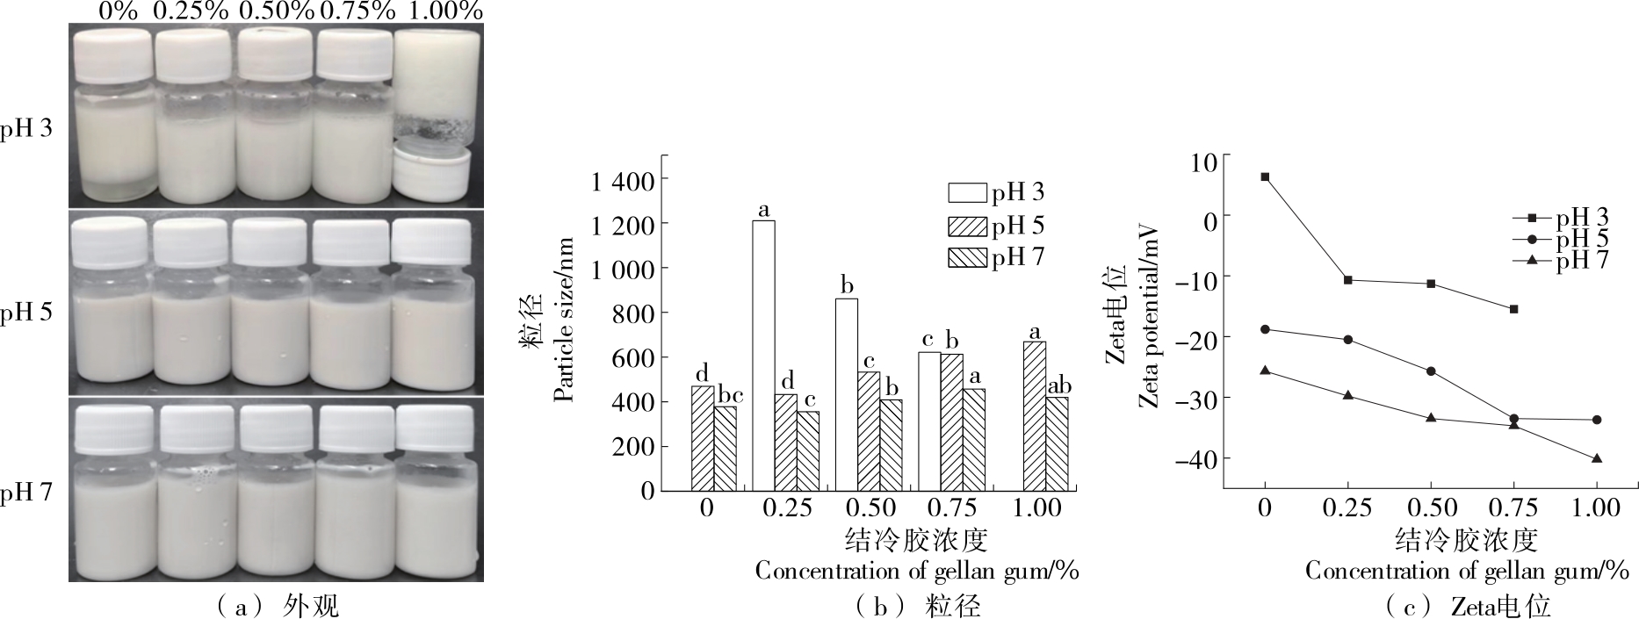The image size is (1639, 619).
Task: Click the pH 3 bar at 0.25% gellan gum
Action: coord(763,355)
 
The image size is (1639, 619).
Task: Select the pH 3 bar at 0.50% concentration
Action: coord(846,394)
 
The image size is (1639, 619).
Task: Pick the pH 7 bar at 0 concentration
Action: coord(726,448)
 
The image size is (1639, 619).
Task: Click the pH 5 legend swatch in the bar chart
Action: coord(967,227)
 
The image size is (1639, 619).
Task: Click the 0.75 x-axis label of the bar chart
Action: coord(953,508)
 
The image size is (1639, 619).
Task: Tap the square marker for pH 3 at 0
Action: coord(1265,176)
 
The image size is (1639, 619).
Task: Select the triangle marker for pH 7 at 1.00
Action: coord(1596,458)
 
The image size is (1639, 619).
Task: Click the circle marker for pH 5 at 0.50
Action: coord(1431,371)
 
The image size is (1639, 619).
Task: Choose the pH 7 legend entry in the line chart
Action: coord(1581,260)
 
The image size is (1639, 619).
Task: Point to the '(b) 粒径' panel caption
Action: coord(917,606)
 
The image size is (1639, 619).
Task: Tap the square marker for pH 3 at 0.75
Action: coord(1513,309)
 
